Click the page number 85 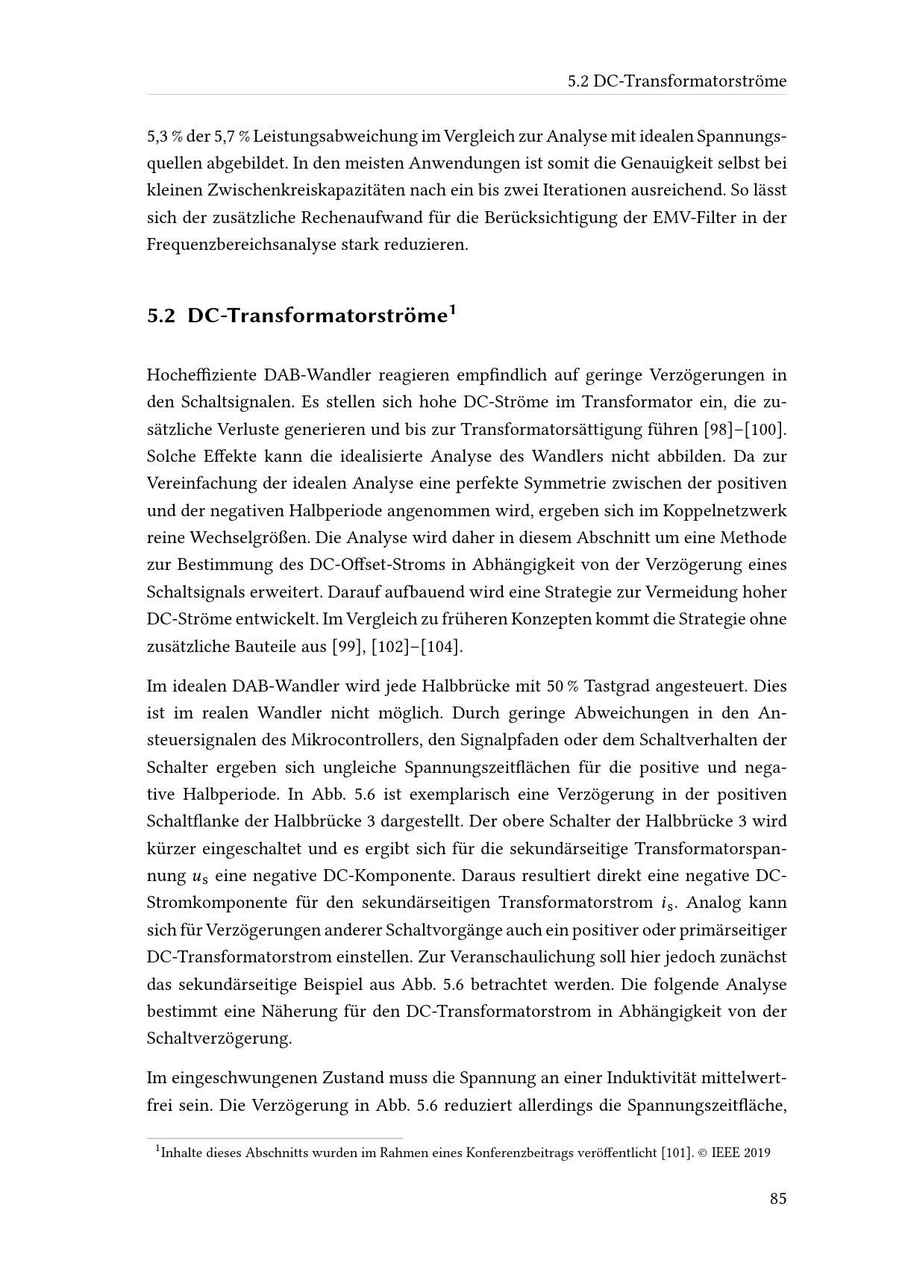[x=778, y=1199]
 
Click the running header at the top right [x=677, y=81]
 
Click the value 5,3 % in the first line [x=165, y=137]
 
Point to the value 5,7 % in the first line [x=232, y=137]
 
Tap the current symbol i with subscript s [x=666, y=903]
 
